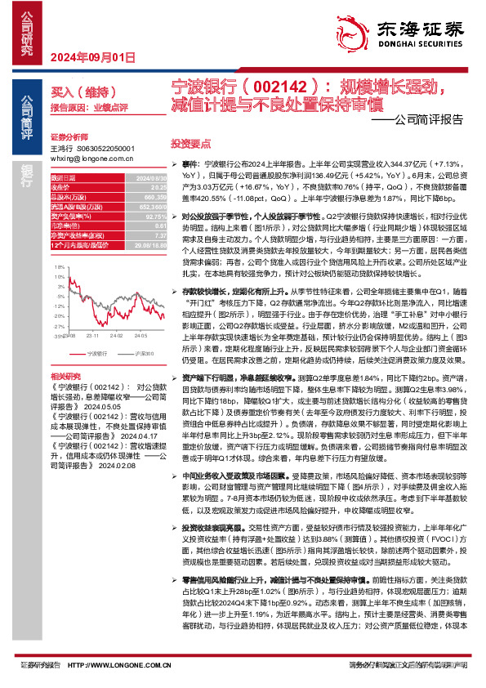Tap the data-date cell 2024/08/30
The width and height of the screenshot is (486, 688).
(150, 177)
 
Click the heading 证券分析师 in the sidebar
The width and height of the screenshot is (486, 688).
(71, 136)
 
